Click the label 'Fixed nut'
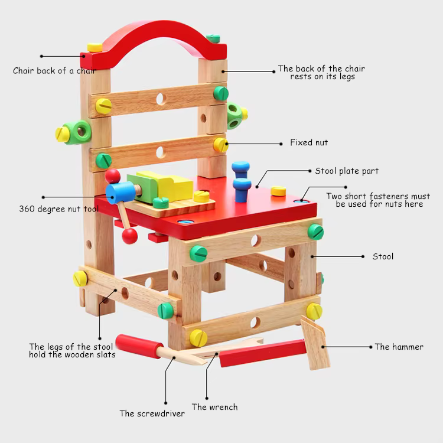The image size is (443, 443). pyautogui.click(x=308, y=142)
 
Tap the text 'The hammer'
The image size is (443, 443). pyautogui.click(x=399, y=347)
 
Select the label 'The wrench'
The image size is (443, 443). pyautogui.click(x=214, y=407)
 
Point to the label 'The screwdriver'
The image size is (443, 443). pyautogui.click(x=152, y=413)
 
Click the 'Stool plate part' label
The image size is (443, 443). pyautogui.click(x=347, y=171)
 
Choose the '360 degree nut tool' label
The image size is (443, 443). pyautogui.click(x=58, y=209)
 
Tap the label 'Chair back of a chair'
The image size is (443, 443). pyautogui.click(x=54, y=71)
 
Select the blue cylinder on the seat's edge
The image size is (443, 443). pyautogui.click(x=120, y=191)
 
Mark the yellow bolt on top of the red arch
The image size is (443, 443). pyautogui.click(x=95, y=47)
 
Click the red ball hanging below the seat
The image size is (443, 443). pyautogui.click(x=129, y=236)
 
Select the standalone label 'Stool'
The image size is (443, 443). pyautogui.click(x=383, y=256)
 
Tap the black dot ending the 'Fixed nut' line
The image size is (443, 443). pyautogui.click(x=226, y=142)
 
